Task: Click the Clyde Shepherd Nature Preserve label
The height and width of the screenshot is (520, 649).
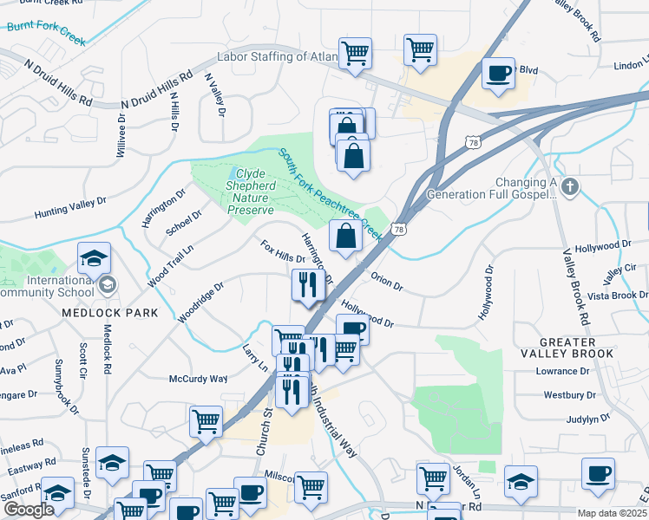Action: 250,192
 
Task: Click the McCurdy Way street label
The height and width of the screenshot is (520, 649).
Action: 198,379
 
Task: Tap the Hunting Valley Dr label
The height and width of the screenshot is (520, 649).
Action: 69,207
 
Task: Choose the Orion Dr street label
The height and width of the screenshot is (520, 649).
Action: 387,283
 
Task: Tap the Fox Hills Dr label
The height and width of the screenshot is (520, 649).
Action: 283,252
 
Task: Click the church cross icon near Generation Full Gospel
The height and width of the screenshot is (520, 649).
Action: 569,186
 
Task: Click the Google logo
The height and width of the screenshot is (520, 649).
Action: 29,510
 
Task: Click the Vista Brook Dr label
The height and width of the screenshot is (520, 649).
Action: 617,296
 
